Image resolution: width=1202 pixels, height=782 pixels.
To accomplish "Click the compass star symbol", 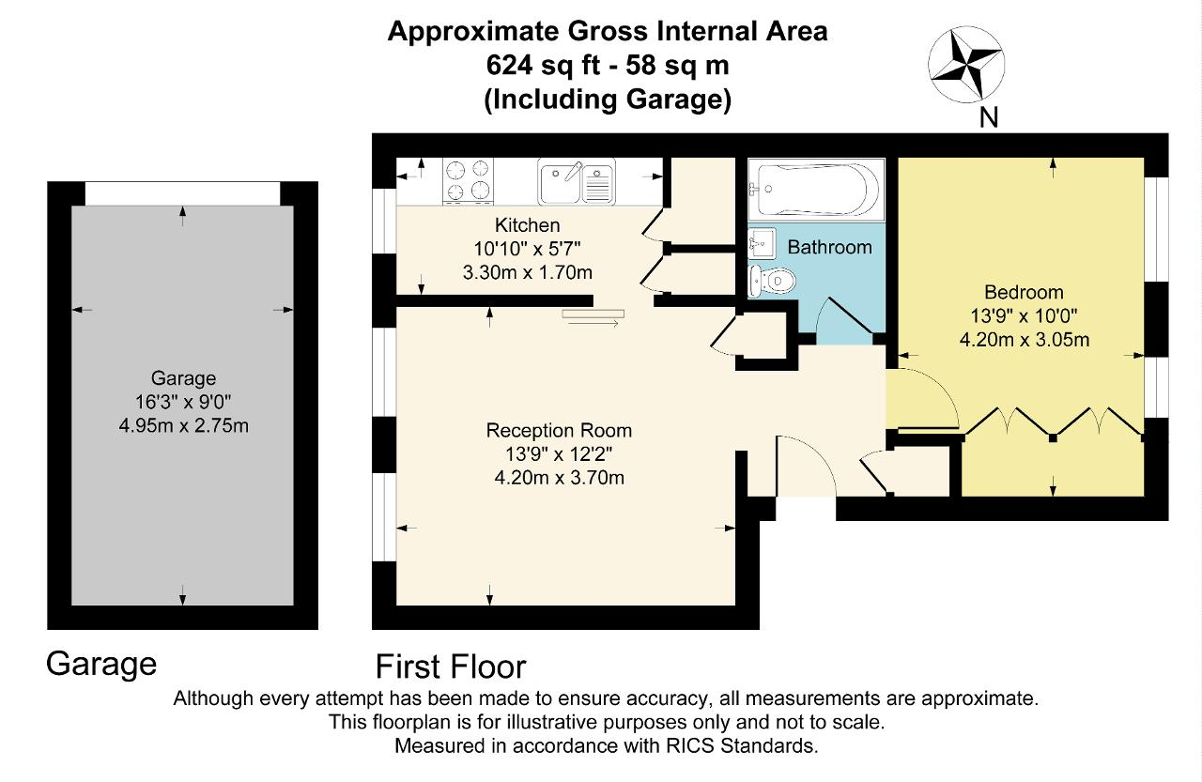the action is [966, 65].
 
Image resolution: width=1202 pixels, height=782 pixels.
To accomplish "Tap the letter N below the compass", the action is [989, 117].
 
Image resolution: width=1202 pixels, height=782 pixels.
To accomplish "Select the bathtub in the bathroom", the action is [816, 190].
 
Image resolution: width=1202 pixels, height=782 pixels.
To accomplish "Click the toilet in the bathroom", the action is [772, 280].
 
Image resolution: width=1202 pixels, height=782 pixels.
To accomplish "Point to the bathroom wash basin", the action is [762, 243].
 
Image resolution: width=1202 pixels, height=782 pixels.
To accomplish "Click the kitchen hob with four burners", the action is [468, 181].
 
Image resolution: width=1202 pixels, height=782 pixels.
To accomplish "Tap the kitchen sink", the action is [577, 181].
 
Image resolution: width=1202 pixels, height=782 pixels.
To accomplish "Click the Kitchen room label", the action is [528, 224].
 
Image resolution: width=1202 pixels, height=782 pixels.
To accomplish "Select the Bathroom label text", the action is [829, 247].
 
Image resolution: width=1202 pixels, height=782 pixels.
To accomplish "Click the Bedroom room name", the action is [1024, 292].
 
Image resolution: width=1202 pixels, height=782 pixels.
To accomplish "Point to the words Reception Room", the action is [559, 431].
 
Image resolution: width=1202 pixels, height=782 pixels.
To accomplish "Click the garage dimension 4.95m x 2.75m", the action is [183, 426].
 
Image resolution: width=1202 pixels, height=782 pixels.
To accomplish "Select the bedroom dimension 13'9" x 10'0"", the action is [1024, 316].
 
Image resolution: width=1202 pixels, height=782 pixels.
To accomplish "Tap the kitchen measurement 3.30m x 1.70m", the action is [528, 272].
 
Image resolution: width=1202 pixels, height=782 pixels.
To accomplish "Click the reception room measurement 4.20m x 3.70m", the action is [559, 477].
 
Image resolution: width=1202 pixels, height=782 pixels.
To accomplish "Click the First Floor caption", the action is [451, 667].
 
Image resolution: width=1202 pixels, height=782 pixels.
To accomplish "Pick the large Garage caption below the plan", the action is [101, 665].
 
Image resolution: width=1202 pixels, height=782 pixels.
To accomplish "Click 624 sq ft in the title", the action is [544, 66].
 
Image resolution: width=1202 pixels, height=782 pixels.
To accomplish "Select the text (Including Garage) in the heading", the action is [608, 100].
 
